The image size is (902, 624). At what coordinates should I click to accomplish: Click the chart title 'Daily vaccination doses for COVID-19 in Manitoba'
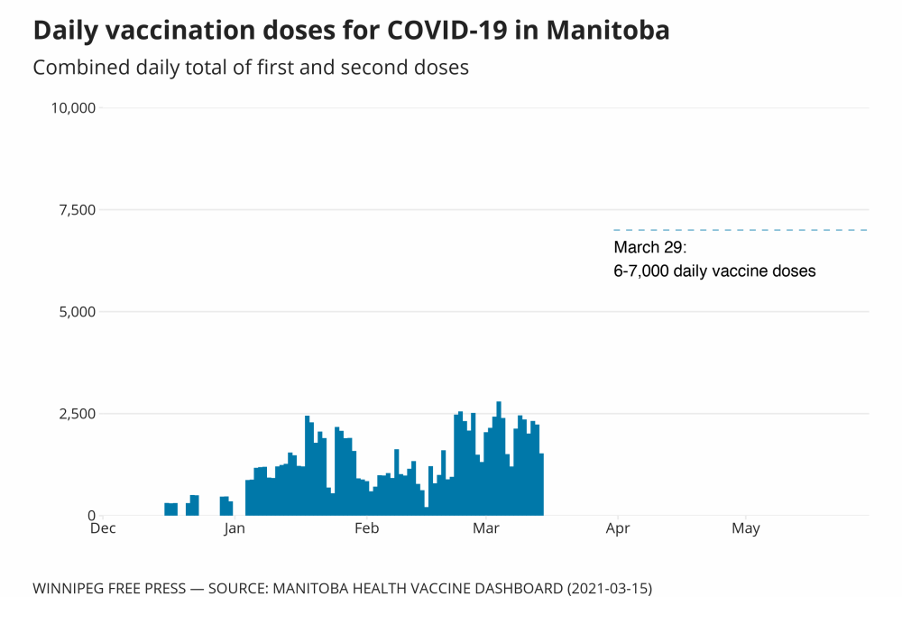coord(351,31)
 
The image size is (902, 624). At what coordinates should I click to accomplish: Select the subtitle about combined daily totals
coord(251,68)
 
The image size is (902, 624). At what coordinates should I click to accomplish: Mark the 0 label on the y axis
coord(90,516)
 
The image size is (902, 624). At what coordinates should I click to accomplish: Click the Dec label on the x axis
coord(103,528)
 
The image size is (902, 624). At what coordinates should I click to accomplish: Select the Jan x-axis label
coord(235,528)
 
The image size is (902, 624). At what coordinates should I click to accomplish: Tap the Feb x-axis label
coord(366,528)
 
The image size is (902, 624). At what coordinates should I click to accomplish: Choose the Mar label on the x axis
coord(486,528)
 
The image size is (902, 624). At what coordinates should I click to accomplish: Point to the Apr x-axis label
coord(617,528)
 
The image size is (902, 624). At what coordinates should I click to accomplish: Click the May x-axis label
coord(746,528)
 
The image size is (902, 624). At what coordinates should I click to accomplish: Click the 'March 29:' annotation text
coord(650,248)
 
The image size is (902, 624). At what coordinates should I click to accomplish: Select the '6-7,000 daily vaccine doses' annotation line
coord(714,271)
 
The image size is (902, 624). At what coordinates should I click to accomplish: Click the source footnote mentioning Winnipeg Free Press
coord(342,588)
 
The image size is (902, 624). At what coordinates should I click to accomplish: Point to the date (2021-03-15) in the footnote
coord(608,588)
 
